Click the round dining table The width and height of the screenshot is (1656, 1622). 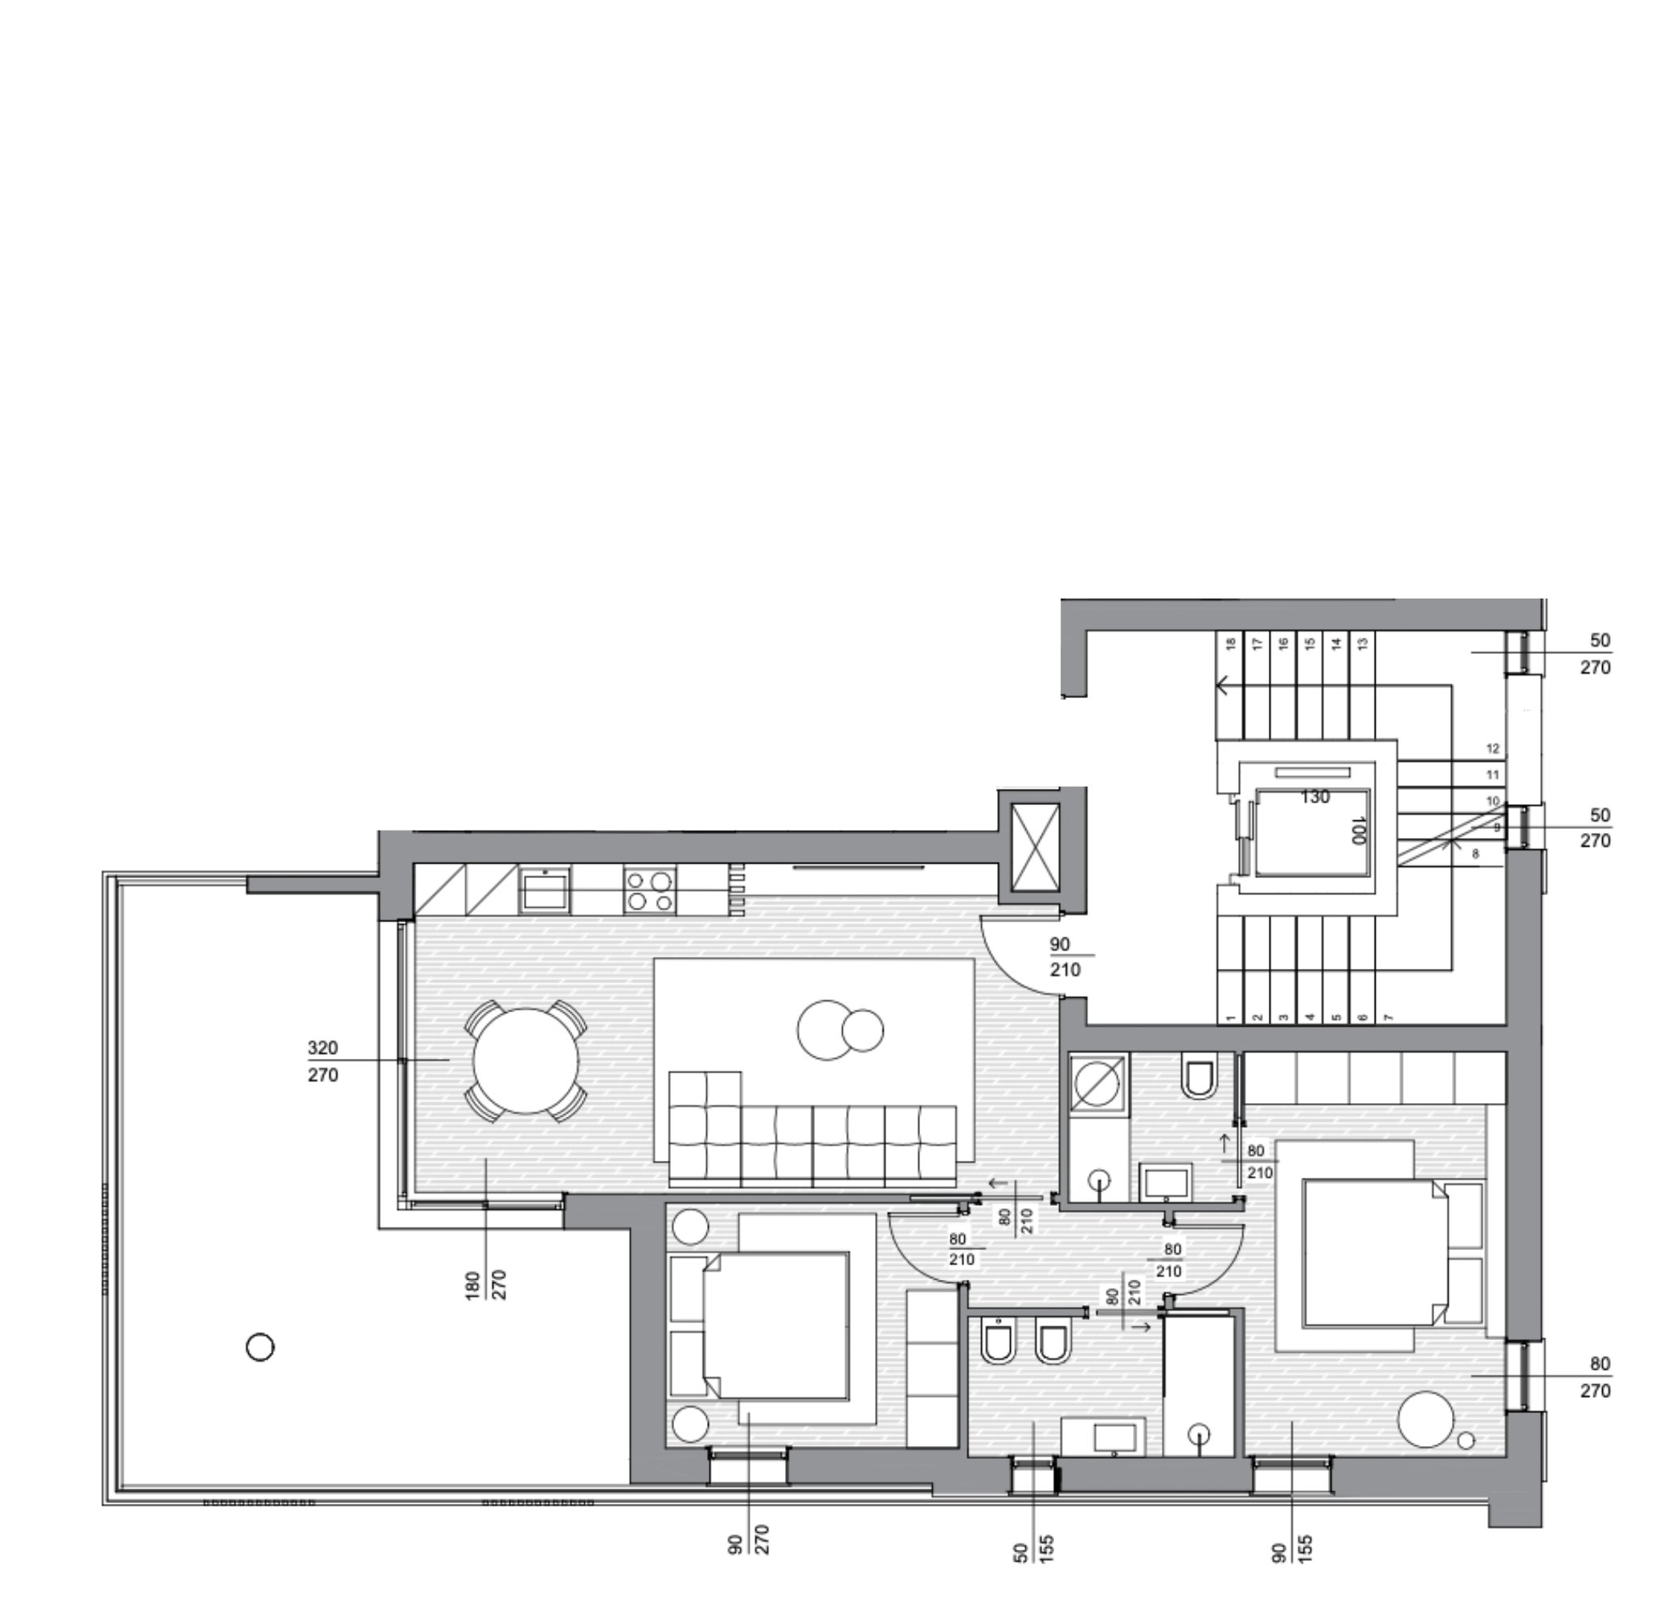(525, 1060)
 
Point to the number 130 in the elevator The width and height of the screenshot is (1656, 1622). (1315, 796)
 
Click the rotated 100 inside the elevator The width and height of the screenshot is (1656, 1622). (1358, 830)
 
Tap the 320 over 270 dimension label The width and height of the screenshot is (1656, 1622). (323, 1061)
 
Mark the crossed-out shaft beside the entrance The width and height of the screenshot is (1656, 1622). (1035, 847)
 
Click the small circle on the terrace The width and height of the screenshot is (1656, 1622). (260, 1348)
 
